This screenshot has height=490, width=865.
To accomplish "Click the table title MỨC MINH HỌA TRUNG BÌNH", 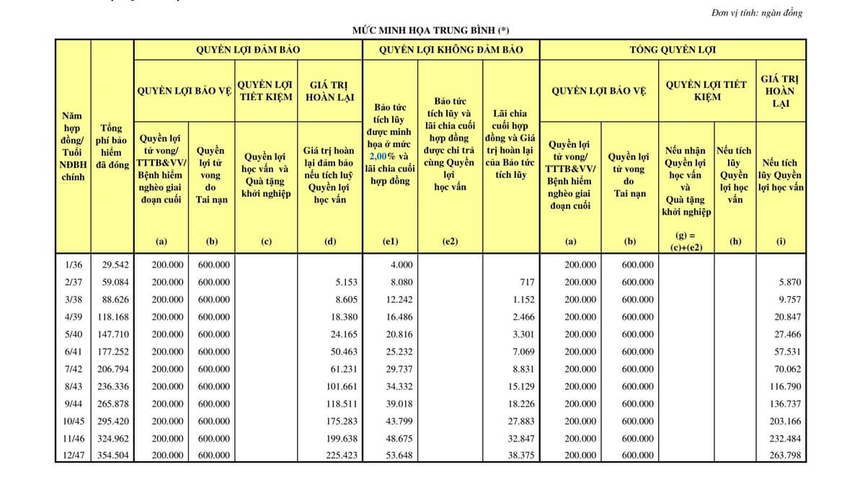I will point(431,30).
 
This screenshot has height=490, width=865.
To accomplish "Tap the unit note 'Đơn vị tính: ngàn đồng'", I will point(756,13).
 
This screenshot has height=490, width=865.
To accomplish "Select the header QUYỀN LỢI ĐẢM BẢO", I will point(248,50).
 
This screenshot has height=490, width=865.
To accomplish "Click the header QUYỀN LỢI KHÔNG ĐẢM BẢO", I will point(451,50).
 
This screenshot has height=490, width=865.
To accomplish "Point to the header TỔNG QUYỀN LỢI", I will point(673,50).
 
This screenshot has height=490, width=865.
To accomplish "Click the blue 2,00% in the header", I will point(382,156).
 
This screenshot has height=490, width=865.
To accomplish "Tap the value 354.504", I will point(113,455).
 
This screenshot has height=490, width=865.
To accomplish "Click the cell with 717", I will point(527,282).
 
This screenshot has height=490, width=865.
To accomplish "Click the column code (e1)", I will point(390,242).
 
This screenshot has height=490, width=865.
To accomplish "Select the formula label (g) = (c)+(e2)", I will point(686,241).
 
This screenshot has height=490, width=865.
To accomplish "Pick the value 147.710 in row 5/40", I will point(113,334).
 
